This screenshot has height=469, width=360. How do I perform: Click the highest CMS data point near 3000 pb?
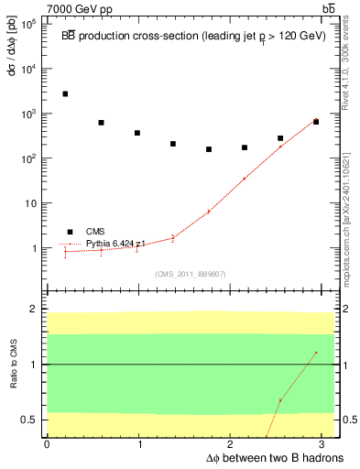pyautogui.click(x=65, y=93)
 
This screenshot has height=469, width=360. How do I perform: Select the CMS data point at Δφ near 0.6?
pyautogui.click(x=101, y=122)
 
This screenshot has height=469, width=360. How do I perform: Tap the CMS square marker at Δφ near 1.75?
pyautogui.click(x=209, y=148)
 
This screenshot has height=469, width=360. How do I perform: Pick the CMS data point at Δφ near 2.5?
pyautogui.click(x=280, y=138)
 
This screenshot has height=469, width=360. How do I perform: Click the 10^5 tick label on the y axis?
pyautogui.click(x=28, y=24)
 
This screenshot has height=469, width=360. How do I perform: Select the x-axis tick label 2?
pyautogui.click(x=233, y=443)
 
